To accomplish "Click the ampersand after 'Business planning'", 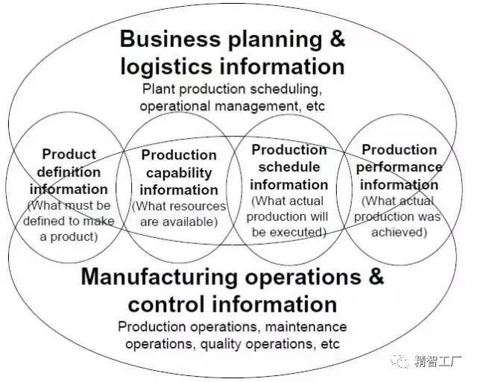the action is [338, 38].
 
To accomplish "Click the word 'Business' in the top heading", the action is [170, 39].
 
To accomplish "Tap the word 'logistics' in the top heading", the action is [166, 66].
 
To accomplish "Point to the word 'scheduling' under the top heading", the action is [286, 90].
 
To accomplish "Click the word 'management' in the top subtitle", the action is [256, 107].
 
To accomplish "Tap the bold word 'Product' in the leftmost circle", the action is [69, 154].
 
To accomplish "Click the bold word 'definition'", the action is [69, 172].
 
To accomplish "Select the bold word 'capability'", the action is [179, 173].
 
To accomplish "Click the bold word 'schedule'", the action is [289, 167].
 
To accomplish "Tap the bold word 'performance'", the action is [399, 168].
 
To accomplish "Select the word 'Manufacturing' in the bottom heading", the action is [159, 277].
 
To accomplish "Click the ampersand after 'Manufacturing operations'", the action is [376, 276].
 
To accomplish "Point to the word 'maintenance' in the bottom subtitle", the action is [306, 327].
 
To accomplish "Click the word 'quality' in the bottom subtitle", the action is [221, 345].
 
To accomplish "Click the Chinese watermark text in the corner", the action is [437, 361].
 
